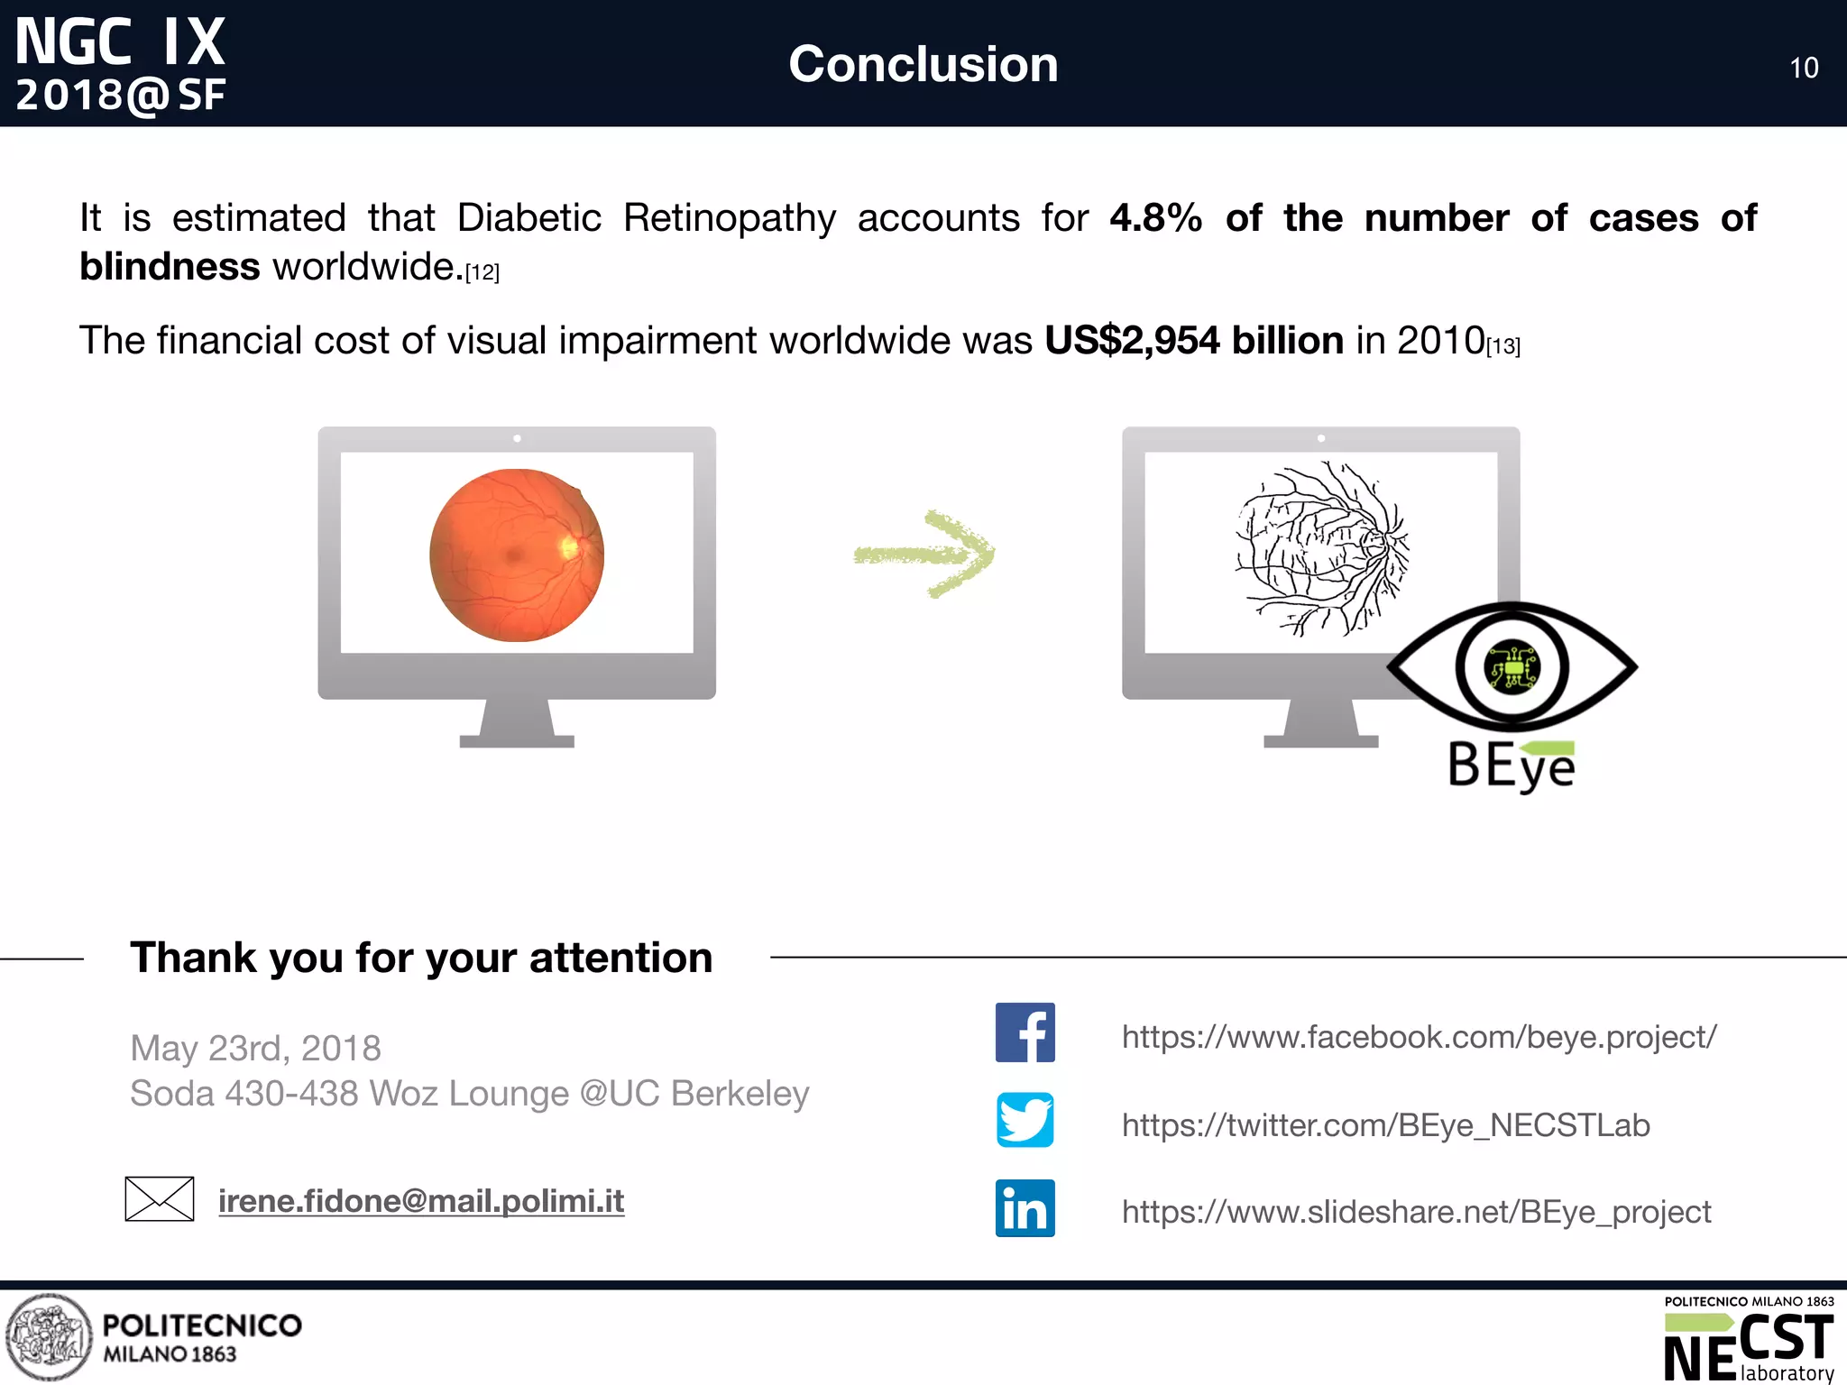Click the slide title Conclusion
point(923,64)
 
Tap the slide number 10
point(1804,69)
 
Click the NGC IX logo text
point(120,42)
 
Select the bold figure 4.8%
point(1155,218)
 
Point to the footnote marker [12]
point(482,272)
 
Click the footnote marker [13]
point(1503,346)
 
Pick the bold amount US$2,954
point(1132,341)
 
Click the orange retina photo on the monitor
point(517,555)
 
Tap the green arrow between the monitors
point(924,554)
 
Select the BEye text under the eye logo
point(1511,766)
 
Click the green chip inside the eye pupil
point(1512,668)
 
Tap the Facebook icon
point(1025,1032)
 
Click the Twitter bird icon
point(1025,1120)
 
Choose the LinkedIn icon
point(1025,1208)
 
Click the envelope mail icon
point(160,1199)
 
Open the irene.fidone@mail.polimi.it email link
point(421,1201)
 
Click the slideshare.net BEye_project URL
point(1416,1212)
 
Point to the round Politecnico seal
point(49,1337)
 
